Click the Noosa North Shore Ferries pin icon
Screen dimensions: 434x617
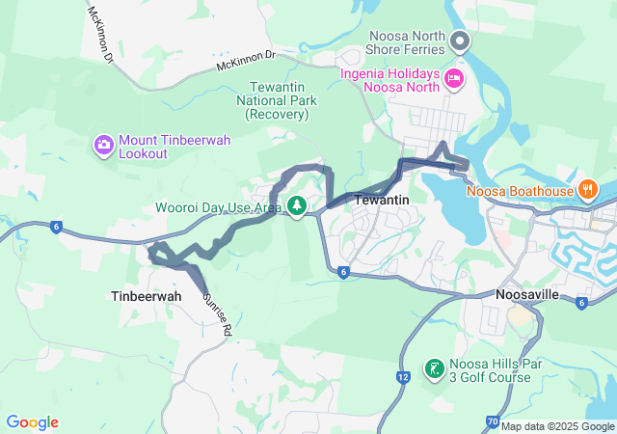coord(460,41)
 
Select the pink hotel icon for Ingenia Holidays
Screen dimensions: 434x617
coord(453,77)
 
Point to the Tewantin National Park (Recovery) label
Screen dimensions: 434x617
coord(277,100)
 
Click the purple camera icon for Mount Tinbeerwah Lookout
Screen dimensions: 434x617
coord(103,147)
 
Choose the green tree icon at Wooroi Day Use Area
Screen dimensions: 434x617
coord(298,206)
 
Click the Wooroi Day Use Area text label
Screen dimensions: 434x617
coord(219,207)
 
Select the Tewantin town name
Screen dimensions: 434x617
coord(383,200)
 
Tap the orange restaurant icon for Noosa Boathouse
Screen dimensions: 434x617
coord(586,190)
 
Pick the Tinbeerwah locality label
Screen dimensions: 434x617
coord(146,296)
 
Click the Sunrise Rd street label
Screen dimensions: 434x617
coord(216,314)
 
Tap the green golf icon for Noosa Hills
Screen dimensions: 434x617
coord(435,368)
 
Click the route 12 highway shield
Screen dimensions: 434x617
coord(401,373)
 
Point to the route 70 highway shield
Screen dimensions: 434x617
coord(493,421)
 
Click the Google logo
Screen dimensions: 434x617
coord(33,422)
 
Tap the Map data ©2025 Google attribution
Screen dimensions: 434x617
coord(557,426)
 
